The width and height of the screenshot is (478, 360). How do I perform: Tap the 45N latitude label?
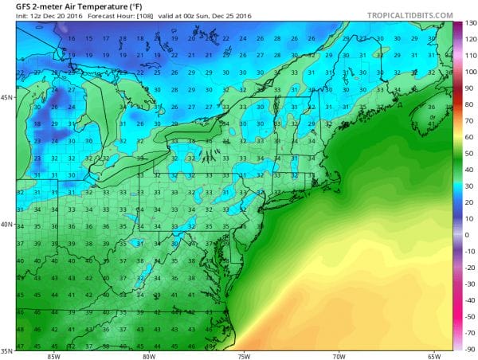(x=6, y=98)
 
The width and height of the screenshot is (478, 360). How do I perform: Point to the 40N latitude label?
(x=6, y=224)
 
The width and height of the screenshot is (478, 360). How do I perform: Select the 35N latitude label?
(x=6, y=348)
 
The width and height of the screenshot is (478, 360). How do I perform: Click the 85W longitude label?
(x=53, y=356)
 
